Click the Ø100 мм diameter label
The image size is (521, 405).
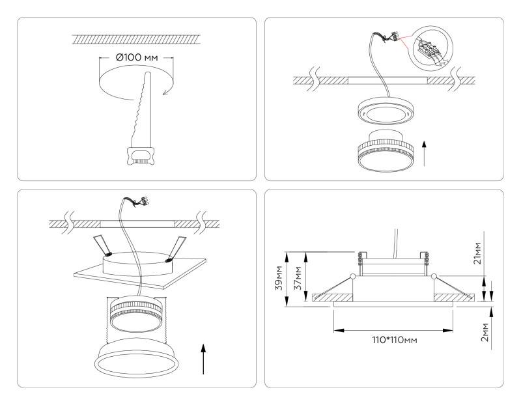[x=137, y=58]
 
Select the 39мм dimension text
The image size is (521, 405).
[x=279, y=277]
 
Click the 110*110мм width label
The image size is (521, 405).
[x=394, y=341]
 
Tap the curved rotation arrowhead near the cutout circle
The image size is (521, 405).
[x=165, y=91]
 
